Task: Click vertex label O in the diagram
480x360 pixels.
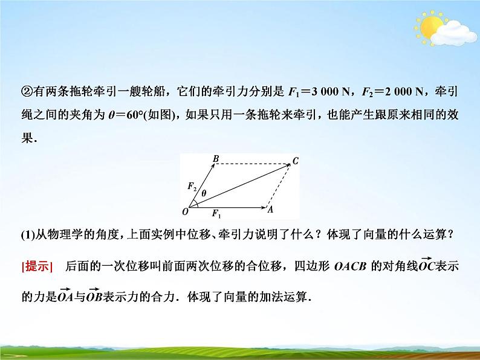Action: (x=185, y=212)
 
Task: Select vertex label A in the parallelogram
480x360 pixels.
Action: (x=271, y=209)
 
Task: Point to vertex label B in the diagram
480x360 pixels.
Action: (x=215, y=159)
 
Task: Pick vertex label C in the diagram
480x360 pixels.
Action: (x=296, y=160)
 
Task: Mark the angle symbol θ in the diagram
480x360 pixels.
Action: (x=204, y=193)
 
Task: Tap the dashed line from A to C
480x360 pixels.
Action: (x=279, y=185)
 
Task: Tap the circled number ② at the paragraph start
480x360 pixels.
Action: (x=27, y=92)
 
